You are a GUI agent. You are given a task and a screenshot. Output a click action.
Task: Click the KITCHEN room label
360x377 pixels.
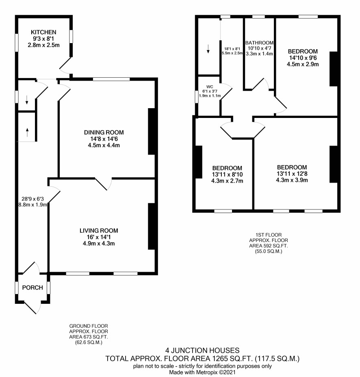pyautogui.click(x=43, y=32)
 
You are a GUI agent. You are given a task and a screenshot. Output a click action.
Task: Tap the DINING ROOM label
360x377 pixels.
pyautogui.click(x=104, y=132)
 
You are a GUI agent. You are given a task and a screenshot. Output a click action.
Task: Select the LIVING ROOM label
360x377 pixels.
pyautogui.click(x=99, y=231)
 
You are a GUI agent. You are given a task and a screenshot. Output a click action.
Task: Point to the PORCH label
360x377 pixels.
pyautogui.click(x=33, y=288)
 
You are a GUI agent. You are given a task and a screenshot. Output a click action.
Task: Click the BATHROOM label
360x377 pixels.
pyautogui.click(x=259, y=43)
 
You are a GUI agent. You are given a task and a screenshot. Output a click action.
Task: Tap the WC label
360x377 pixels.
pyautogui.click(x=209, y=87)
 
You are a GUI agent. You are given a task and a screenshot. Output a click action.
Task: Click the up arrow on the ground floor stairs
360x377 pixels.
pyautogui.click(x=27, y=132)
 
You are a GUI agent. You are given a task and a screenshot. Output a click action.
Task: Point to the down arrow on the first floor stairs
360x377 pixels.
pyautogui.click(x=208, y=49)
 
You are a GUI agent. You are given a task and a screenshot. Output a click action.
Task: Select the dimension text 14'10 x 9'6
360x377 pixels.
pyautogui.click(x=303, y=58)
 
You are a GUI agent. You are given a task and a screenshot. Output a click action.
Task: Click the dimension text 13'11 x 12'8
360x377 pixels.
pyautogui.click(x=292, y=174)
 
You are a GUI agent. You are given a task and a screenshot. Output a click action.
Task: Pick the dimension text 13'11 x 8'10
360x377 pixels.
pyautogui.click(x=227, y=174)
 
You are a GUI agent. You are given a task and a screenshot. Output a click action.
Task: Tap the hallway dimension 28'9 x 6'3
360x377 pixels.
pyautogui.click(x=33, y=199)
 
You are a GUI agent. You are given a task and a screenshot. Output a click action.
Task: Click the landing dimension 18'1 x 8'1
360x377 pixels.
pyautogui.click(x=232, y=49)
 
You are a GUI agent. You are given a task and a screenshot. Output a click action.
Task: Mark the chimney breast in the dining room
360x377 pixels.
pyautogui.click(x=151, y=131)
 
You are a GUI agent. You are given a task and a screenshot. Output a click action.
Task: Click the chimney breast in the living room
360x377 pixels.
pyautogui.click(x=151, y=226)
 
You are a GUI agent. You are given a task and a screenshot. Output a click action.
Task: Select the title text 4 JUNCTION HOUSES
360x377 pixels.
pyautogui.click(x=202, y=350)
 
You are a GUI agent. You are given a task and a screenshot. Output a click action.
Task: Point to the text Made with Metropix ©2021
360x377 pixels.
pyautogui.click(x=202, y=372)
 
